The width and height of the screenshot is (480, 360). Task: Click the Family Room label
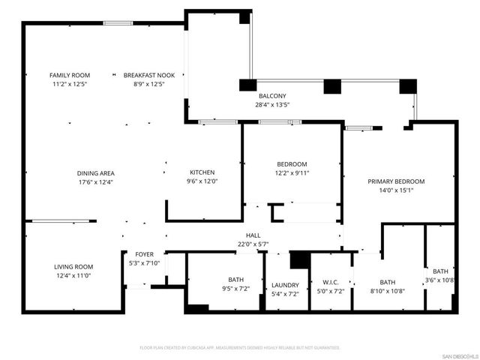pyautogui.click(x=69, y=75)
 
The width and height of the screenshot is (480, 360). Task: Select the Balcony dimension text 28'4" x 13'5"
pyautogui.click(x=271, y=105)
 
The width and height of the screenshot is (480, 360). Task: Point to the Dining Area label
pyautogui.click(x=96, y=173)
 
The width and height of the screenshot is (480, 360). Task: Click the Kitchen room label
pyautogui.click(x=202, y=172)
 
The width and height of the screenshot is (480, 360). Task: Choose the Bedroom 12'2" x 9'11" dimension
pyautogui.click(x=292, y=174)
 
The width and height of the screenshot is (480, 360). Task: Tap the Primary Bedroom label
pyautogui.click(x=395, y=181)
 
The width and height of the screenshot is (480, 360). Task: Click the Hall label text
pyautogui.click(x=253, y=235)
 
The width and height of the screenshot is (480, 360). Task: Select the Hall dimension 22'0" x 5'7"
pyautogui.click(x=253, y=244)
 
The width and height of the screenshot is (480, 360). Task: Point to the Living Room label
pyautogui.click(x=73, y=267)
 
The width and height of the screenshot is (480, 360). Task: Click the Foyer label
pyautogui.click(x=144, y=254)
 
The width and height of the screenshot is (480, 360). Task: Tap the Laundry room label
pyautogui.click(x=285, y=285)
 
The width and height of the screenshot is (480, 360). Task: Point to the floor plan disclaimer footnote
pyautogui.click(x=240, y=347)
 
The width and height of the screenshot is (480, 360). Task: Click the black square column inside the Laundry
pyautogui.click(x=300, y=259)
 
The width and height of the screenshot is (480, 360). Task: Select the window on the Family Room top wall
pyautogui.click(x=118, y=22)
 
